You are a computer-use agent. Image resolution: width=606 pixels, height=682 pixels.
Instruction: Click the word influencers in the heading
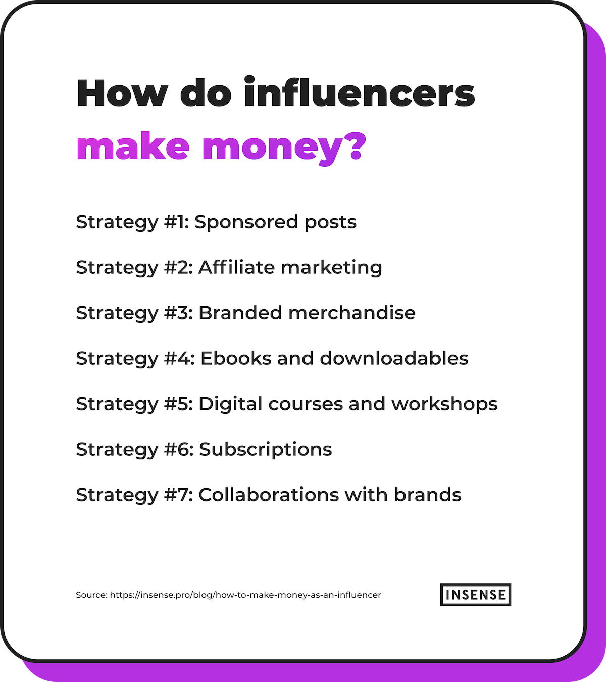[x=360, y=92]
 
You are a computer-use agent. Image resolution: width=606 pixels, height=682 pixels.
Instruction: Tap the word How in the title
[x=122, y=93]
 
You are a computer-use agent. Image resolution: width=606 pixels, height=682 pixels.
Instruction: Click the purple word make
[x=133, y=145]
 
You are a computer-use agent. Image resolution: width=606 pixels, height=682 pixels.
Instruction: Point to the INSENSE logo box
[x=475, y=595]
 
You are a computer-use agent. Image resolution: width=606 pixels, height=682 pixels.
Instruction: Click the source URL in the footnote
[x=245, y=595]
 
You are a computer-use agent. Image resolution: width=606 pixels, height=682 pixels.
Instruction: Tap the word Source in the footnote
[x=91, y=595]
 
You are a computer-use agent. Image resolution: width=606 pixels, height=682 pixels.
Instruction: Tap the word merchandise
[x=352, y=313]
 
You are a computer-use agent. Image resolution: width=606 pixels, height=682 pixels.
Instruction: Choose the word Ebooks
[x=236, y=358]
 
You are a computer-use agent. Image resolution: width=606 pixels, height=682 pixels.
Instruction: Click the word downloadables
[x=394, y=358]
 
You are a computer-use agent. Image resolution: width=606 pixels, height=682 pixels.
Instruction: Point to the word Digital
[x=230, y=404]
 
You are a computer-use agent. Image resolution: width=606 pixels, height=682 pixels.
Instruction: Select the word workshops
[x=444, y=404]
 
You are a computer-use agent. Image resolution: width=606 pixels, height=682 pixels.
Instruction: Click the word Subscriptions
[x=266, y=450]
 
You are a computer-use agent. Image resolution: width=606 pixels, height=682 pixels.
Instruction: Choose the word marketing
[x=331, y=268]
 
